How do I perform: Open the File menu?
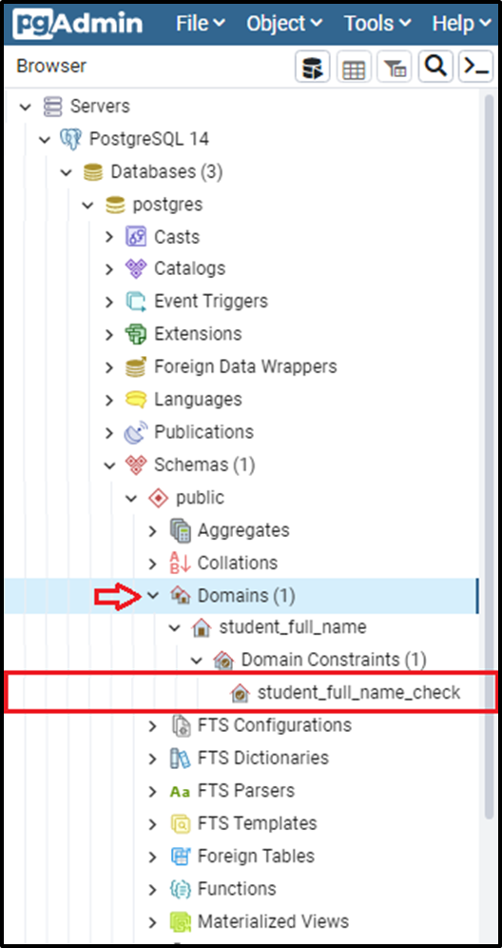coord(200,24)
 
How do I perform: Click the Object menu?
coord(284,24)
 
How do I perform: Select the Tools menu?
coord(377,24)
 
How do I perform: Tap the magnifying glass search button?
coord(435,66)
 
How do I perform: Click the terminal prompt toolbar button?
coord(476,66)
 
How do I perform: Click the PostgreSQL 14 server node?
coord(148,139)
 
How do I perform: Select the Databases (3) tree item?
coord(166,171)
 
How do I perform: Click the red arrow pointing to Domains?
coord(117,596)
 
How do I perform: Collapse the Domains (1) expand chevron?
coord(153,596)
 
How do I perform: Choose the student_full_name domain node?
coord(293,627)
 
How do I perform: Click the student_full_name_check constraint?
coord(358,692)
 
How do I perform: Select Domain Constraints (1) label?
coord(334,660)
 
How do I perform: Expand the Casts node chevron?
coord(109,236)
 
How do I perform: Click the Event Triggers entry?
coord(211,301)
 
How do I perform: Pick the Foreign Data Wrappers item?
coord(245,366)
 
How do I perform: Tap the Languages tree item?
coord(198,399)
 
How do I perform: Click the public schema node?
coord(200,498)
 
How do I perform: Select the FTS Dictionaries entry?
coord(262,758)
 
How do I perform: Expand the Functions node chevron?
coord(153,889)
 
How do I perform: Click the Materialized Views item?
coord(273,921)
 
